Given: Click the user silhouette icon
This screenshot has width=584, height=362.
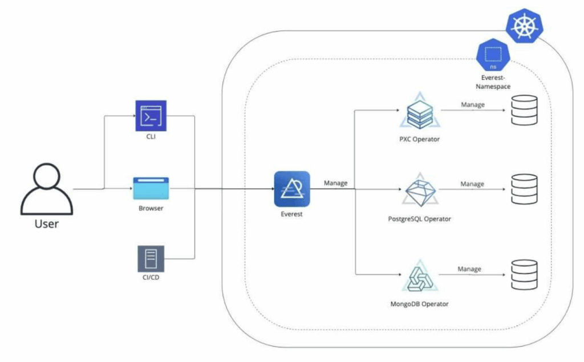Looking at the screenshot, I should pyautogui.click(x=47, y=188).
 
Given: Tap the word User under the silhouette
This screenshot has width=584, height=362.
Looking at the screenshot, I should pyautogui.click(x=47, y=223).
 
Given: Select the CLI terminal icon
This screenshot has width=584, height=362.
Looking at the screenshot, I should pyautogui.click(x=151, y=116).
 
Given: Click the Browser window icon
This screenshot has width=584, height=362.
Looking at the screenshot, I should pyautogui.click(x=151, y=189).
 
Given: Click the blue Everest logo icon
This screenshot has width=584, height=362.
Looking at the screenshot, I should pyautogui.click(x=291, y=189).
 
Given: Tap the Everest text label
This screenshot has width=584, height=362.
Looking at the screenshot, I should pyautogui.click(x=291, y=215).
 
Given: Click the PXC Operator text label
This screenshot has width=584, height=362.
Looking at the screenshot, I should pyautogui.click(x=419, y=139).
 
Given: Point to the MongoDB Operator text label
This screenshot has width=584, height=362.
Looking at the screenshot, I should pyautogui.click(x=419, y=304).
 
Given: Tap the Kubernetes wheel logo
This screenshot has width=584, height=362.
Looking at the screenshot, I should pyautogui.click(x=524, y=27).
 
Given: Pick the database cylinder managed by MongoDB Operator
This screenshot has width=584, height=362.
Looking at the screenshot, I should pyautogui.click(x=524, y=275).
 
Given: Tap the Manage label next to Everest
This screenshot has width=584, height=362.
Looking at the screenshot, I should pyautogui.click(x=336, y=183).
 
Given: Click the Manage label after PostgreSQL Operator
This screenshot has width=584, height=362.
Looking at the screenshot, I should pyautogui.click(x=472, y=184).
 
